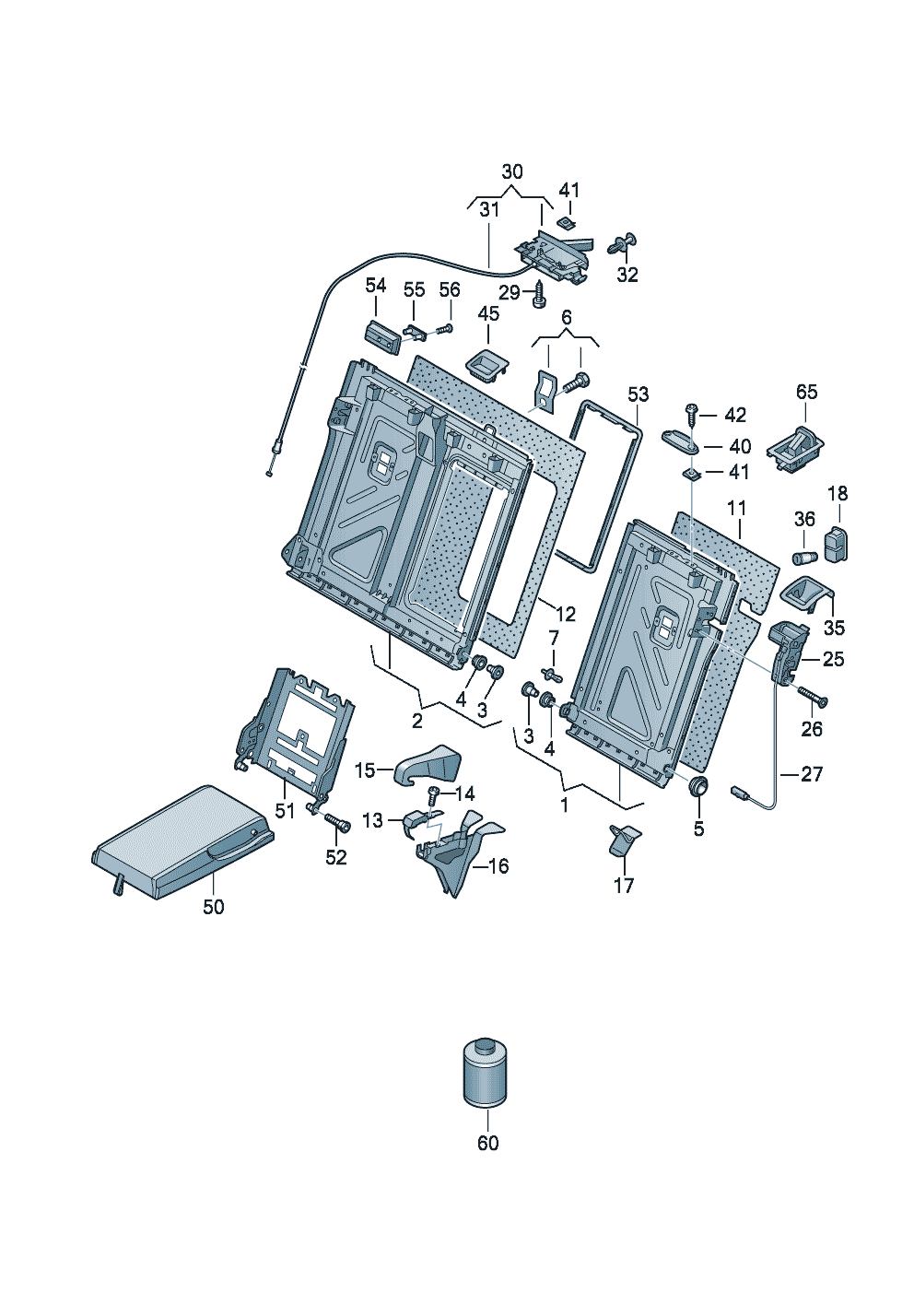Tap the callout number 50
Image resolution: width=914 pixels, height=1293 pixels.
point(213,907)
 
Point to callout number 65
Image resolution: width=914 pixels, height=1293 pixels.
point(806,392)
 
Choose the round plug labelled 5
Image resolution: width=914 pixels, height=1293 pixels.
point(698,787)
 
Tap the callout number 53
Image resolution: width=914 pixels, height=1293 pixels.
point(638,394)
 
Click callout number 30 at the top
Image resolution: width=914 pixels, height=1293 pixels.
point(511,171)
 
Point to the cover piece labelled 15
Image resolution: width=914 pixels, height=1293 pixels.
point(428,764)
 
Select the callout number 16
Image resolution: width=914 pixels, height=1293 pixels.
point(498,866)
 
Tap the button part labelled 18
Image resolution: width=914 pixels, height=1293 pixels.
point(837,544)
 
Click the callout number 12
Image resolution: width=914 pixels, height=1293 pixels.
point(564,613)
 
